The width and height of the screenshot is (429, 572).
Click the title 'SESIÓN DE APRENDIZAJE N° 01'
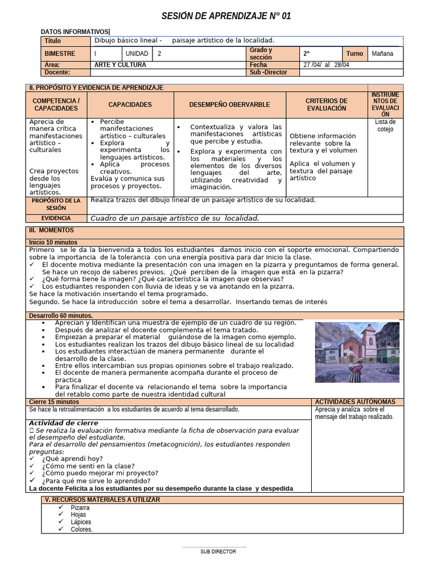pos(226,16)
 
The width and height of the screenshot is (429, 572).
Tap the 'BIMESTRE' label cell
pos(60,54)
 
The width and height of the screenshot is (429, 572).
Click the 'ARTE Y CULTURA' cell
pos(120,65)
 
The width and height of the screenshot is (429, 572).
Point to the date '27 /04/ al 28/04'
pos(327,65)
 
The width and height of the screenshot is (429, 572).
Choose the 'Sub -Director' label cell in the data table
pos(269,72)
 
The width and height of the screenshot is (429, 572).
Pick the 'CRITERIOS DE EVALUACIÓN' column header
pos(326,104)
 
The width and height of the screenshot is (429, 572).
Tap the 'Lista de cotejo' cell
pos(385,126)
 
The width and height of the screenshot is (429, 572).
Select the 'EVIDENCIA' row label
pos(56,218)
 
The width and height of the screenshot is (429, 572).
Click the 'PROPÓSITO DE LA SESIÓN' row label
pos(56,204)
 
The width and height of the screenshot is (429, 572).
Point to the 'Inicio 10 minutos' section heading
pos(54,242)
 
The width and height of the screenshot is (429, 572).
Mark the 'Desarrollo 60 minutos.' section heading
pos(61,316)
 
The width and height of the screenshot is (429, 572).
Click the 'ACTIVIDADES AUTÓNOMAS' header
pos(355,402)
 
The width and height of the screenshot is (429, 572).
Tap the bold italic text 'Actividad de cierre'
pos(64,423)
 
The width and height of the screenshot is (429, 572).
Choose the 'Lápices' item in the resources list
pos(81,522)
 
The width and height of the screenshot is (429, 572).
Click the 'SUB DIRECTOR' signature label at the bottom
pos(218,551)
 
